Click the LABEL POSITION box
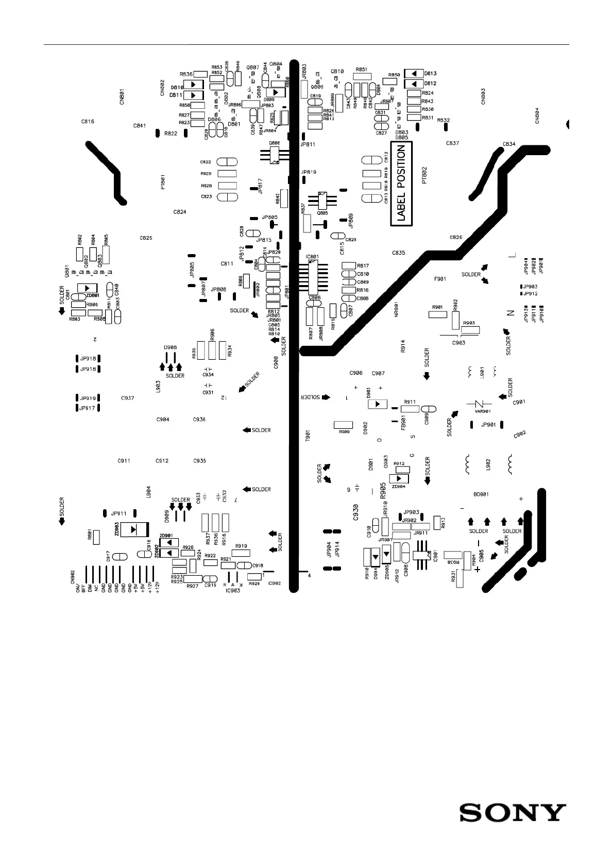[401, 184]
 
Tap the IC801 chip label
[312, 256]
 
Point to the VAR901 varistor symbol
[479, 404]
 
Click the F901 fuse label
[440, 279]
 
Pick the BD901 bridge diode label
[481, 494]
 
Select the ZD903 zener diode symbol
[134, 529]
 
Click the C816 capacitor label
[88, 122]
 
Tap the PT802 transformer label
[424, 175]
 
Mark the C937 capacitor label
[128, 398]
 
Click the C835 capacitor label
[398, 253]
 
